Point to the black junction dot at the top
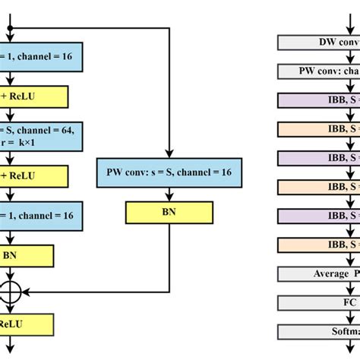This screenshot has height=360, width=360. tap(11, 28)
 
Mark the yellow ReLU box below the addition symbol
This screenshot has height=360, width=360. tap(27, 324)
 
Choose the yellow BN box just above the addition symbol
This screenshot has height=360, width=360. tap(27, 256)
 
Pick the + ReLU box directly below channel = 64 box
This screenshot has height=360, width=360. tap(34, 176)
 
